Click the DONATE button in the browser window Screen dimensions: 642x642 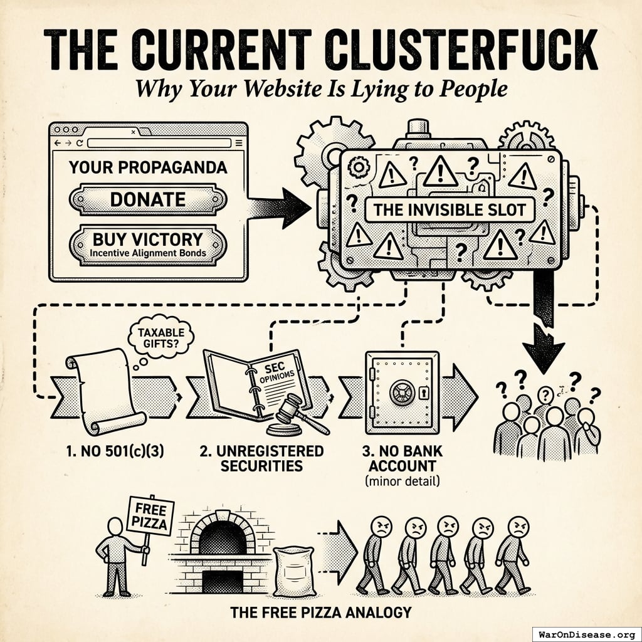(x=148, y=199)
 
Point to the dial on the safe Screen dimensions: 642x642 (x=401, y=393)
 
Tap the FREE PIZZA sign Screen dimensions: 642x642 (x=150, y=515)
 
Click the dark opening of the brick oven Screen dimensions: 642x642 (x=222, y=537)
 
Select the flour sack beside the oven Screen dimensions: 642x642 (x=293, y=571)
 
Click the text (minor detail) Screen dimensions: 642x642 (x=402, y=481)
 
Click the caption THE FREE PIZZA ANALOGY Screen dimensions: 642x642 (x=320, y=612)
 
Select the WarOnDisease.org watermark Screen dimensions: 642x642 (x=586, y=633)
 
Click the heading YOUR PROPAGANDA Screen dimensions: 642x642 (x=148, y=168)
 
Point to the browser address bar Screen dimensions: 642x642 (x=159, y=144)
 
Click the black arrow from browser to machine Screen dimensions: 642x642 (x=280, y=207)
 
